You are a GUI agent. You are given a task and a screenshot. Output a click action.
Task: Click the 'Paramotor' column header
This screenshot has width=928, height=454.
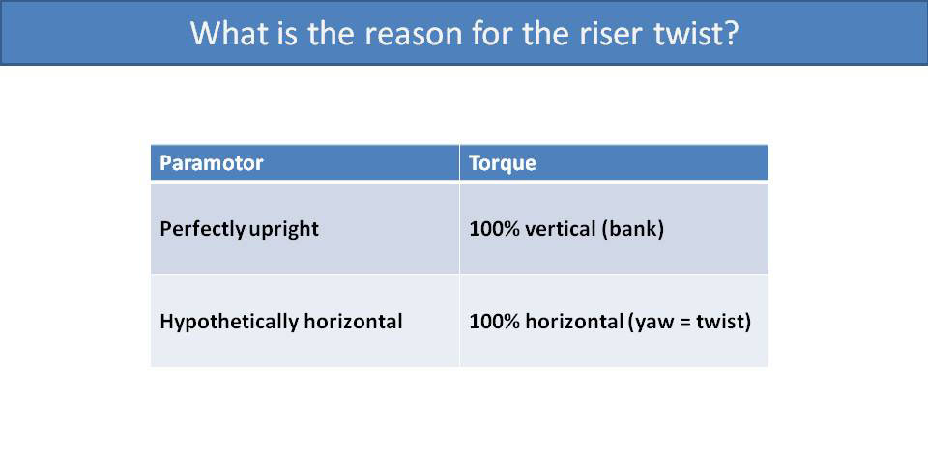(x=211, y=162)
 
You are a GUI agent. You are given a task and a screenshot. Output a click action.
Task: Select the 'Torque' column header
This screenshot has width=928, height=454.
(x=502, y=162)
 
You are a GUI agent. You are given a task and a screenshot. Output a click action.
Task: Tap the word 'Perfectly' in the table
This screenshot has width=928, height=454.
(x=202, y=230)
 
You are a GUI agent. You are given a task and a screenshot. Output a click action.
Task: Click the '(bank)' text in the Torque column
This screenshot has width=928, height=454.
(x=633, y=230)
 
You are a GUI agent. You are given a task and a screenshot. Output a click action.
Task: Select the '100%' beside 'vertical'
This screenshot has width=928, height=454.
(x=491, y=230)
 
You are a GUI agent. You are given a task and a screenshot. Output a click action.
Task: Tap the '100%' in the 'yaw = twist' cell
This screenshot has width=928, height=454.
(x=491, y=321)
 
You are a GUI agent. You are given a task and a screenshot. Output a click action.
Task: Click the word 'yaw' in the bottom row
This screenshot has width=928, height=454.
(x=650, y=322)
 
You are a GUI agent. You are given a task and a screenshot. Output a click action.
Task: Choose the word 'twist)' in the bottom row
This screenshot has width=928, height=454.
(x=722, y=321)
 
